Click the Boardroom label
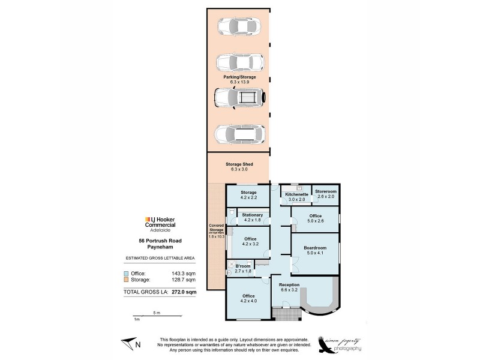click(315, 248)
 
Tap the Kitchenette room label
click(296, 194)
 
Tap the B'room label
click(242, 265)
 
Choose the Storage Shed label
click(239, 164)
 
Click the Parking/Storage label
click(239, 77)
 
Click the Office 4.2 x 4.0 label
click(249, 296)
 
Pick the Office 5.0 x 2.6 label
click(315, 216)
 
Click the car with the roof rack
click(239, 97)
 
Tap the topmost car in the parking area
click(239, 26)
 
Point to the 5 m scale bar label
click(155, 313)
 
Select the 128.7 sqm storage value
click(184, 280)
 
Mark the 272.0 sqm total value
click(182, 292)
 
